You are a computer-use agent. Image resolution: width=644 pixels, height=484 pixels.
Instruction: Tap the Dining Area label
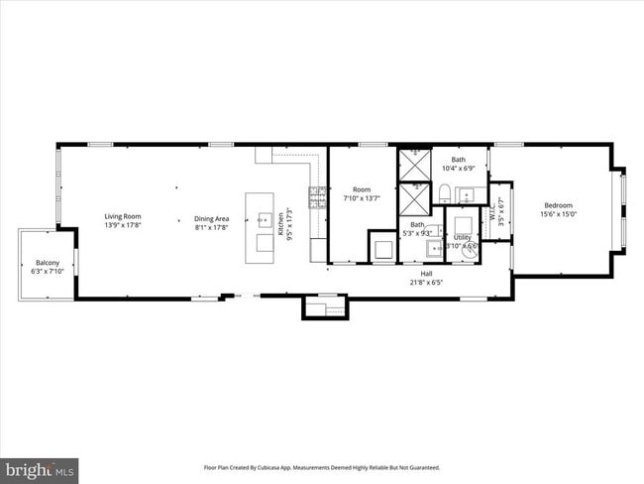pyautogui.click(x=211, y=218)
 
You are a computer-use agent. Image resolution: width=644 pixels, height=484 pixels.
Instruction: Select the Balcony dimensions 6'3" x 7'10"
pyautogui.click(x=48, y=271)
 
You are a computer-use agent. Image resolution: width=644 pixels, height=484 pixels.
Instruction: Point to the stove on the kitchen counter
pyautogui.click(x=317, y=197)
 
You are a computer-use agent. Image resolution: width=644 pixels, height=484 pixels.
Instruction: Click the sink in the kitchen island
pyautogui.click(x=265, y=219)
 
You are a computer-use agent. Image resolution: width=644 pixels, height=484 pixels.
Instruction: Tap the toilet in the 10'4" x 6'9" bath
pyautogui.click(x=446, y=192)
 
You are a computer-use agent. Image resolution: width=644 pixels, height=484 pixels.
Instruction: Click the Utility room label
pyautogui.click(x=463, y=238)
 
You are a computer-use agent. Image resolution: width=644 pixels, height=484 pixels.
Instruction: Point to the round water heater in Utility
pyautogui.click(x=468, y=252)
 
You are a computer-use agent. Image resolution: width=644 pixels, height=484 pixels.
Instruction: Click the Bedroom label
pyautogui.click(x=558, y=205)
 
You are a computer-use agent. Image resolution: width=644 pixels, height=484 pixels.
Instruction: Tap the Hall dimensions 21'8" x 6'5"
pyautogui.click(x=426, y=281)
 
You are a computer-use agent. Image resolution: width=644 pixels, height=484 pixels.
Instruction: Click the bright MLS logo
pyautogui.click(x=40, y=466)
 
